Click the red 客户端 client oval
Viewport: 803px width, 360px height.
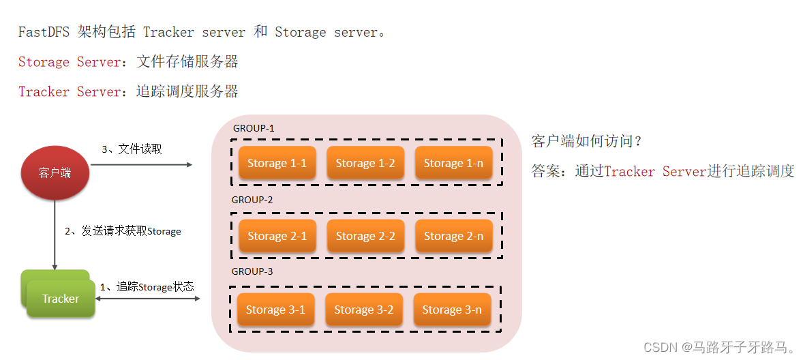point(55,172)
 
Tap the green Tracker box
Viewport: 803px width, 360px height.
point(61,299)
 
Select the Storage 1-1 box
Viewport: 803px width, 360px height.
point(277,163)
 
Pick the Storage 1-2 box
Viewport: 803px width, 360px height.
point(365,163)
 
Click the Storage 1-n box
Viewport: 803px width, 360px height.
point(453,163)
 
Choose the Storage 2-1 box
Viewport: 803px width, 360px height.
point(277,236)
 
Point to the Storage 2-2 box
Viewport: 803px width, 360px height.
point(365,236)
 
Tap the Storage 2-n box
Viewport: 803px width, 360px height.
point(453,236)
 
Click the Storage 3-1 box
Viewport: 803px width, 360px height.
point(275,310)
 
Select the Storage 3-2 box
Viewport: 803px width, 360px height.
point(363,310)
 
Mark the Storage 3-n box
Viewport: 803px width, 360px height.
point(452,310)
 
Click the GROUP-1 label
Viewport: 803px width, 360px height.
point(254,128)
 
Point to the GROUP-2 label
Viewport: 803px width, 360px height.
point(252,200)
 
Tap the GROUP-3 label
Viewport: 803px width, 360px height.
point(252,271)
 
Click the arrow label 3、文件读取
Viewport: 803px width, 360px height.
point(132,149)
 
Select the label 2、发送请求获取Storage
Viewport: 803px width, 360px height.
point(123,231)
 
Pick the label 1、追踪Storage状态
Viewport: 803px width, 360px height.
point(147,287)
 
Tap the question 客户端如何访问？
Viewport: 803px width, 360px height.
point(587,141)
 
